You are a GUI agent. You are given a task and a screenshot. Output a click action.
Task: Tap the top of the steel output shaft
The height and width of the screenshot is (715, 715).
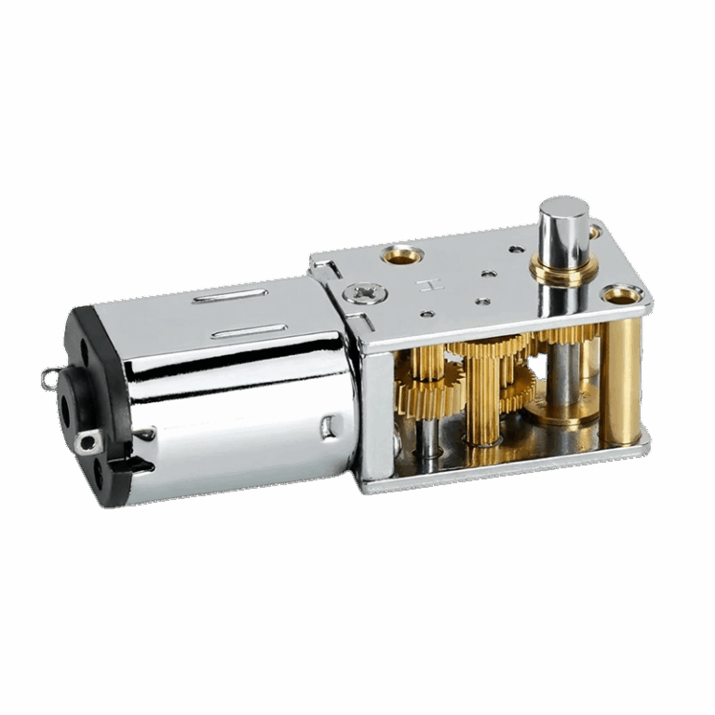point(563,207)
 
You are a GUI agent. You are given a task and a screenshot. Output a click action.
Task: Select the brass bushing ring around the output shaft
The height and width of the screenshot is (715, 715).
point(562,270)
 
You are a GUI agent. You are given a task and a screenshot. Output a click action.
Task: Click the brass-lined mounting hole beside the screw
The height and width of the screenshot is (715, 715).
point(403,254)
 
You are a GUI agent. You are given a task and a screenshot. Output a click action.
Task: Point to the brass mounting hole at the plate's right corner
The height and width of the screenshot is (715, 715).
point(620,296)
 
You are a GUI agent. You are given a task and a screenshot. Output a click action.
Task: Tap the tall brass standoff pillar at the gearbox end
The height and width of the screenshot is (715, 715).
point(620,382)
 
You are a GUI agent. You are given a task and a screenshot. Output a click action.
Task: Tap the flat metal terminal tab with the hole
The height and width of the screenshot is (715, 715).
point(90,442)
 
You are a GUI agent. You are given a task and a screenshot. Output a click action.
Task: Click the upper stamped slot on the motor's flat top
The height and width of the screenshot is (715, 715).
point(229,297)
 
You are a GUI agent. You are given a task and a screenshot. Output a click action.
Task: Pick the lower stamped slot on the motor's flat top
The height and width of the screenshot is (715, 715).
point(248,331)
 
